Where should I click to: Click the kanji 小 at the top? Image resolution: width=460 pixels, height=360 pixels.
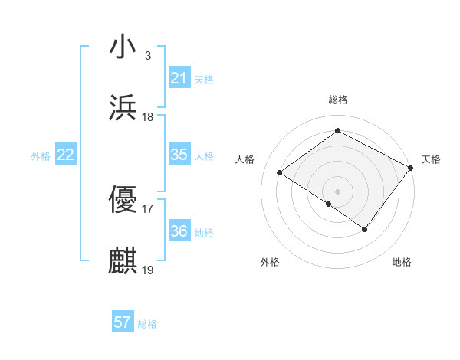pos(123,46)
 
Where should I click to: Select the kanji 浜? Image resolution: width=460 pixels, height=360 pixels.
pos(123,108)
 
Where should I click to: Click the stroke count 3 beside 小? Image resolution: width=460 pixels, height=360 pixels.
pos(147,55)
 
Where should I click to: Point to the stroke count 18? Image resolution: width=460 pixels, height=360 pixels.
pos(148,117)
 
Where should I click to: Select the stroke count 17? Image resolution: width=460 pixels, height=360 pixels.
pos(148,208)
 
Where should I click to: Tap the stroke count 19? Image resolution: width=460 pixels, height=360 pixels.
pos(148,270)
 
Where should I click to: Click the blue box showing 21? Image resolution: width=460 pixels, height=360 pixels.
pos(179,78)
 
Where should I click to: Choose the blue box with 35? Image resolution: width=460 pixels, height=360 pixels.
pos(179,155)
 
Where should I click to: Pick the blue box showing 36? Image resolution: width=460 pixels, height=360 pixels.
pos(179,231)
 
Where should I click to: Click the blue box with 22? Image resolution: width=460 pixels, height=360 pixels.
pos(66,155)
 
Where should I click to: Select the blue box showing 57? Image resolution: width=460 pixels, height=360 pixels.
pos(123,322)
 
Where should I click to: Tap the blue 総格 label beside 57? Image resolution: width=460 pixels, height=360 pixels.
pos(147,324)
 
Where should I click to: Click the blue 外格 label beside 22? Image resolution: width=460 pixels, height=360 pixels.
pos(41,156)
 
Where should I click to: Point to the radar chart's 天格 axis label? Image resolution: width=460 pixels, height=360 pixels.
pos(431,159)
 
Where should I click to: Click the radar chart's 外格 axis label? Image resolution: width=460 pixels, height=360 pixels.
pos(270,263)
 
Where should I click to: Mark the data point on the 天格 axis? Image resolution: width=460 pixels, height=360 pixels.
pos(412,168)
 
